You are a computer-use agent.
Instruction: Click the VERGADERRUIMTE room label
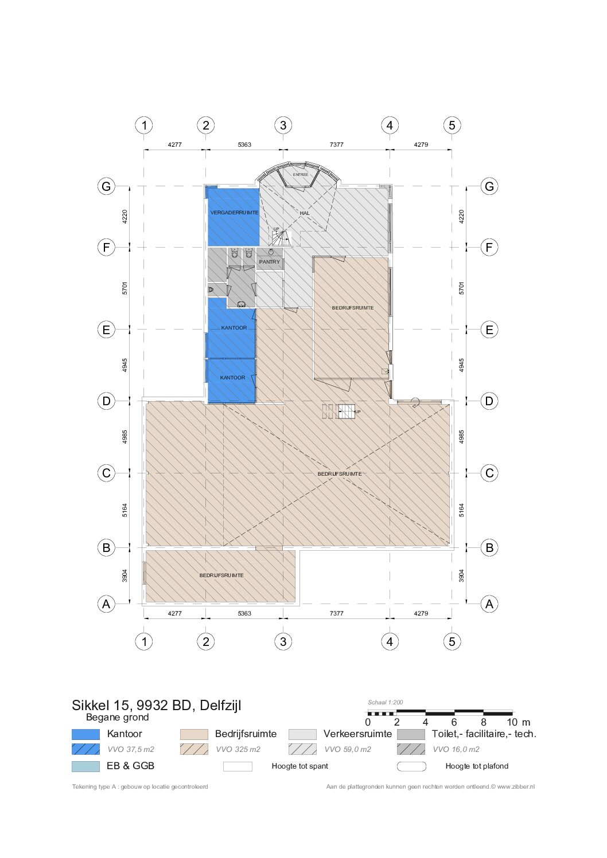(x=234, y=213)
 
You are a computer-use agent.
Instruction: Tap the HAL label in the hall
(x=305, y=213)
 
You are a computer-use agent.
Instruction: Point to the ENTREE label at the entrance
(x=300, y=175)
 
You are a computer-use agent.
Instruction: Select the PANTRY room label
(x=270, y=262)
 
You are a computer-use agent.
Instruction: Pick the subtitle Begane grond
(x=118, y=717)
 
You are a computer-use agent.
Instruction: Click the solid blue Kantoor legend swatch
(x=85, y=734)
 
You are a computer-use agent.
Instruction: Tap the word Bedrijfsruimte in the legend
(x=246, y=734)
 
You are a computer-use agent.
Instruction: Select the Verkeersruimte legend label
(x=358, y=734)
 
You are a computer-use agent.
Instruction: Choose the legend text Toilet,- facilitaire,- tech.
(x=484, y=734)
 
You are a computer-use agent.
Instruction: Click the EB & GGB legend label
(x=130, y=766)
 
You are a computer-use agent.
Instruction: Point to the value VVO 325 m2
(x=238, y=750)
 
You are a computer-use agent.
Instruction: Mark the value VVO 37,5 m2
(x=131, y=750)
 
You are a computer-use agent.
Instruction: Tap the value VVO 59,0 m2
(x=348, y=750)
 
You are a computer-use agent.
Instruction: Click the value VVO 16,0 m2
(x=456, y=750)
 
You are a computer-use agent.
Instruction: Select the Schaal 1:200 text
(x=386, y=703)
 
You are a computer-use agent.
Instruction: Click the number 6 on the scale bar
(x=454, y=722)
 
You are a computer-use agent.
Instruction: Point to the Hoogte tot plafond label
(x=477, y=766)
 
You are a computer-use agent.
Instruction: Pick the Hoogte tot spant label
(x=300, y=766)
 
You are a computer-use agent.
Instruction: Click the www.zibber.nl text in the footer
(x=516, y=787)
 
